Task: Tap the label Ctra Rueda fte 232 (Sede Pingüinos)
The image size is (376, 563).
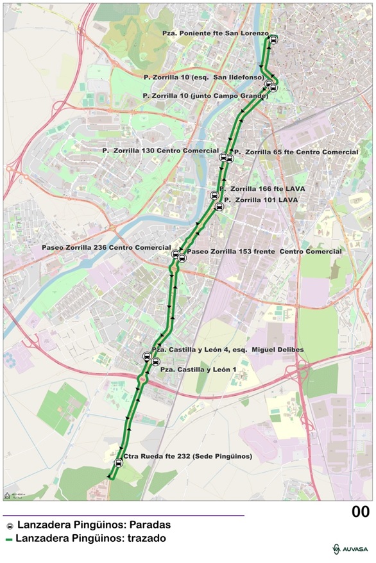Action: pyautogui.click(x=187, y=457)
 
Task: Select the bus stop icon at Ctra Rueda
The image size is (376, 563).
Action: pyautogui.click(x=118, y=463)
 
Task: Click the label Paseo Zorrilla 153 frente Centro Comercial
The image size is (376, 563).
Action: pyautogui.click(x=264, y=252)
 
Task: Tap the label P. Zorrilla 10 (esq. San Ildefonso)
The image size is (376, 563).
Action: pyautogui.click(x=204, y=77)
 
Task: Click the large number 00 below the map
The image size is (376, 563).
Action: pyautogui.click(x=360, y=512)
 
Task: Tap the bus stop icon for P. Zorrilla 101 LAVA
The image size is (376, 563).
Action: pyautogui.click(x=219, y=206)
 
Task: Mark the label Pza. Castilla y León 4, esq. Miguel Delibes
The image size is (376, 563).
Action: pyautogui.click(x=228, y=350)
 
